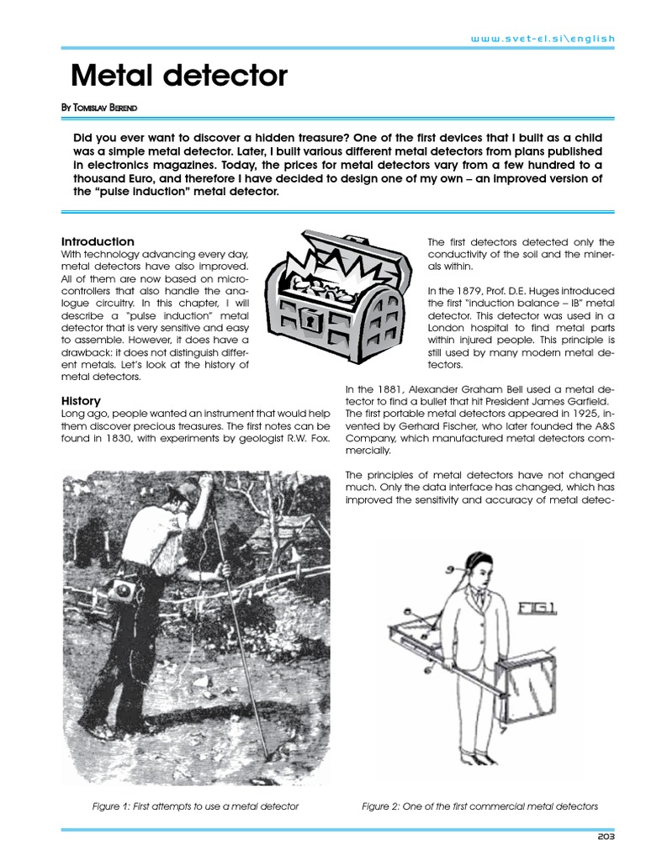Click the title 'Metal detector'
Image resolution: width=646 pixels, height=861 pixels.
[x=179, y=77]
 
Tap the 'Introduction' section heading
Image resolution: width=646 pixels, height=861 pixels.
[x=98, y=241]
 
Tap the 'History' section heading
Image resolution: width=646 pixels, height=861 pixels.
[x=82, y=400]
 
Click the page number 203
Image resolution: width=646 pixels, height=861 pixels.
[x=606, y=837]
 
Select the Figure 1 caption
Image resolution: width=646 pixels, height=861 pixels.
[x=195, y=806]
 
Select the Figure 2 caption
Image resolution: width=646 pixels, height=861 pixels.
[x=479, y=806]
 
